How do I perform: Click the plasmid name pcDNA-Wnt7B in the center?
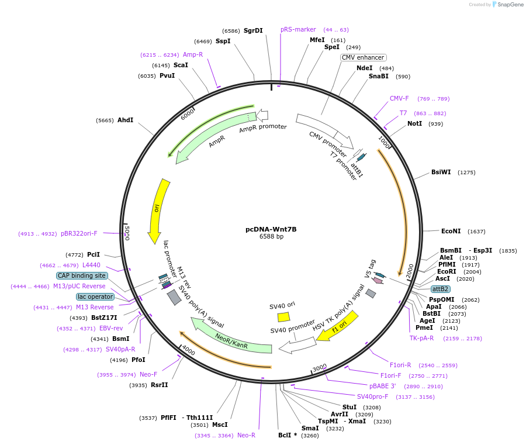271,229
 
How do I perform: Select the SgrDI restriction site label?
253,30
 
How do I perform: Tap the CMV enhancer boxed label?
363,57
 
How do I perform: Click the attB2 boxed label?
440,289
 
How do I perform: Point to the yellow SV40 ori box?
283,317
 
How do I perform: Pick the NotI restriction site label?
414,124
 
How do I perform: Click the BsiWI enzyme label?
441,172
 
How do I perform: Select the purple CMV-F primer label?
399,98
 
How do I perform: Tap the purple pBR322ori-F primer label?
79,233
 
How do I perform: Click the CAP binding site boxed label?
82,275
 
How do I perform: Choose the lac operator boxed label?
95,296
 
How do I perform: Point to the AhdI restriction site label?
125,120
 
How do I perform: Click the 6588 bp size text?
271,237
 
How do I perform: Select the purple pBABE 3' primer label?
382,386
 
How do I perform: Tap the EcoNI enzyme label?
451,231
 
